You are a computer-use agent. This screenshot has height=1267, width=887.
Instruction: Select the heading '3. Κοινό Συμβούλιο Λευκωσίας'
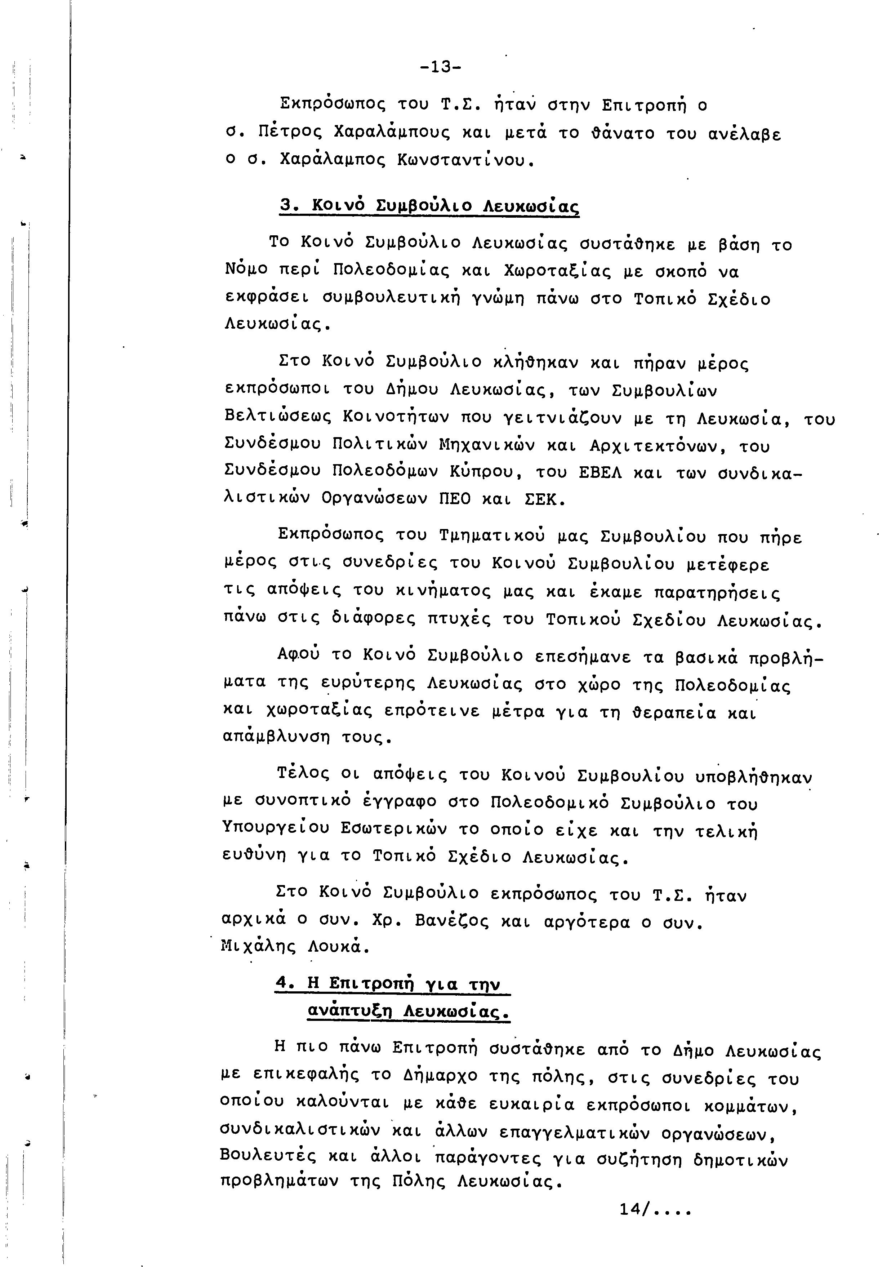430,206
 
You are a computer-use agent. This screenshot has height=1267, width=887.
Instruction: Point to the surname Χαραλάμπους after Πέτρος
392,133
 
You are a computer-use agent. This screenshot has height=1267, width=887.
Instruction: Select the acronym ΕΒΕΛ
599,474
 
